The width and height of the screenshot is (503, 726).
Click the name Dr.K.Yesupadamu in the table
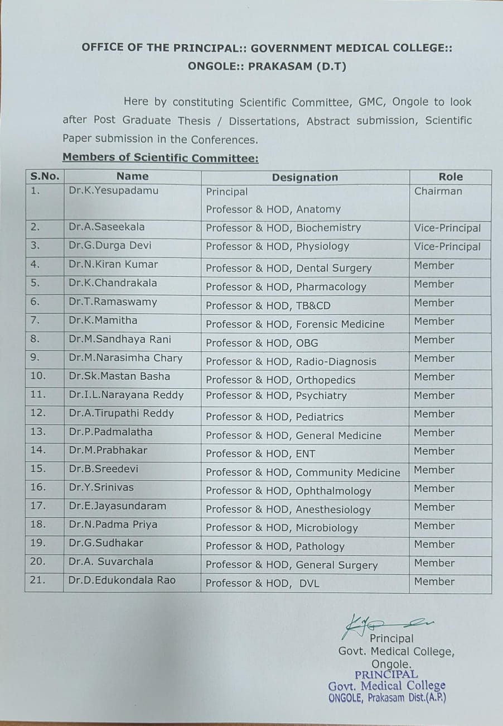click(114, 190)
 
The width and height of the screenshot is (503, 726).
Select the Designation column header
click(305, 178)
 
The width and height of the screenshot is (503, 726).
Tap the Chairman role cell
click(438, 191)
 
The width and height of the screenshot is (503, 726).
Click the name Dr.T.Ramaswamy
click(113, 302)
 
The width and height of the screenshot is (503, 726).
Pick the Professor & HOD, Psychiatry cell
click(276, 396)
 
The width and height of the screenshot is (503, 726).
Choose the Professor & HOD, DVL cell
click(262, 584)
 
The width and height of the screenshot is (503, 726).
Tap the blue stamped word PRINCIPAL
click(386, 675)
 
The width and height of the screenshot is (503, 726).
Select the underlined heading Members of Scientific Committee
click(161, 158)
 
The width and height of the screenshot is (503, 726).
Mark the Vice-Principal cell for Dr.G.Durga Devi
click(447, 247)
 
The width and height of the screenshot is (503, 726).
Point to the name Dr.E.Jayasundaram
click(118, 506)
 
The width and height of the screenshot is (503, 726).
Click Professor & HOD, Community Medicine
click(303, 472)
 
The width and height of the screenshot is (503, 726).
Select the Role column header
click(451, 176)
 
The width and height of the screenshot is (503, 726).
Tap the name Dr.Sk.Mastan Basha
click(119, 376)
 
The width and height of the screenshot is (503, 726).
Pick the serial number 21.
click(37, 580)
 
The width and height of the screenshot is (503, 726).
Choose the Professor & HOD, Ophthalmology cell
click(288, 491)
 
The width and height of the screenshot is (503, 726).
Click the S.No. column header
click(45, 176)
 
